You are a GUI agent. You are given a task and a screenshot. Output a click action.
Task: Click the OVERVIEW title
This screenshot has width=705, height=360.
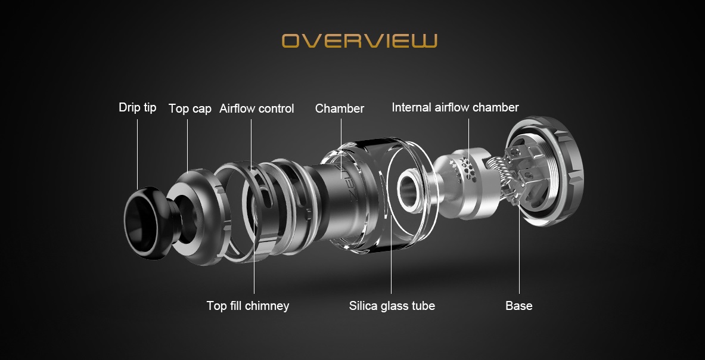[359, 41]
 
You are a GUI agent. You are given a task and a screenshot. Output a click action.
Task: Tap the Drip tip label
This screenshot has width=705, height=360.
[138, 107]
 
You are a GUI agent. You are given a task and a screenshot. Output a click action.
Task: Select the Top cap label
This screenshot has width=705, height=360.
[190, 108]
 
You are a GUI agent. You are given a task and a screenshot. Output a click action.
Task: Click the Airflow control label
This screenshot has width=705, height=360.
[257, 108]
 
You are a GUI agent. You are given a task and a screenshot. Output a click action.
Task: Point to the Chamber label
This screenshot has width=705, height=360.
[340, 108]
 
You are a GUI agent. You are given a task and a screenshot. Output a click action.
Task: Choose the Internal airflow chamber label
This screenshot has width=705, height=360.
[455, 107]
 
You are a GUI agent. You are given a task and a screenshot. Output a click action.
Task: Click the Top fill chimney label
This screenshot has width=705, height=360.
[248, 306]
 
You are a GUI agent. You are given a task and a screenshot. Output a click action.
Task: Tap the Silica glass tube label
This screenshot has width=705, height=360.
[392, 306]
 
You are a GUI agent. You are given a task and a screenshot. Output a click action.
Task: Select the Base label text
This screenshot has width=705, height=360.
[519, 306]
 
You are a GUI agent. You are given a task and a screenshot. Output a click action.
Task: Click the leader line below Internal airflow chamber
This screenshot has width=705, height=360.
[468, 144]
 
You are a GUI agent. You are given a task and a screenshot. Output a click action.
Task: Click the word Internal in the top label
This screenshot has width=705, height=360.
[411, 107]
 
